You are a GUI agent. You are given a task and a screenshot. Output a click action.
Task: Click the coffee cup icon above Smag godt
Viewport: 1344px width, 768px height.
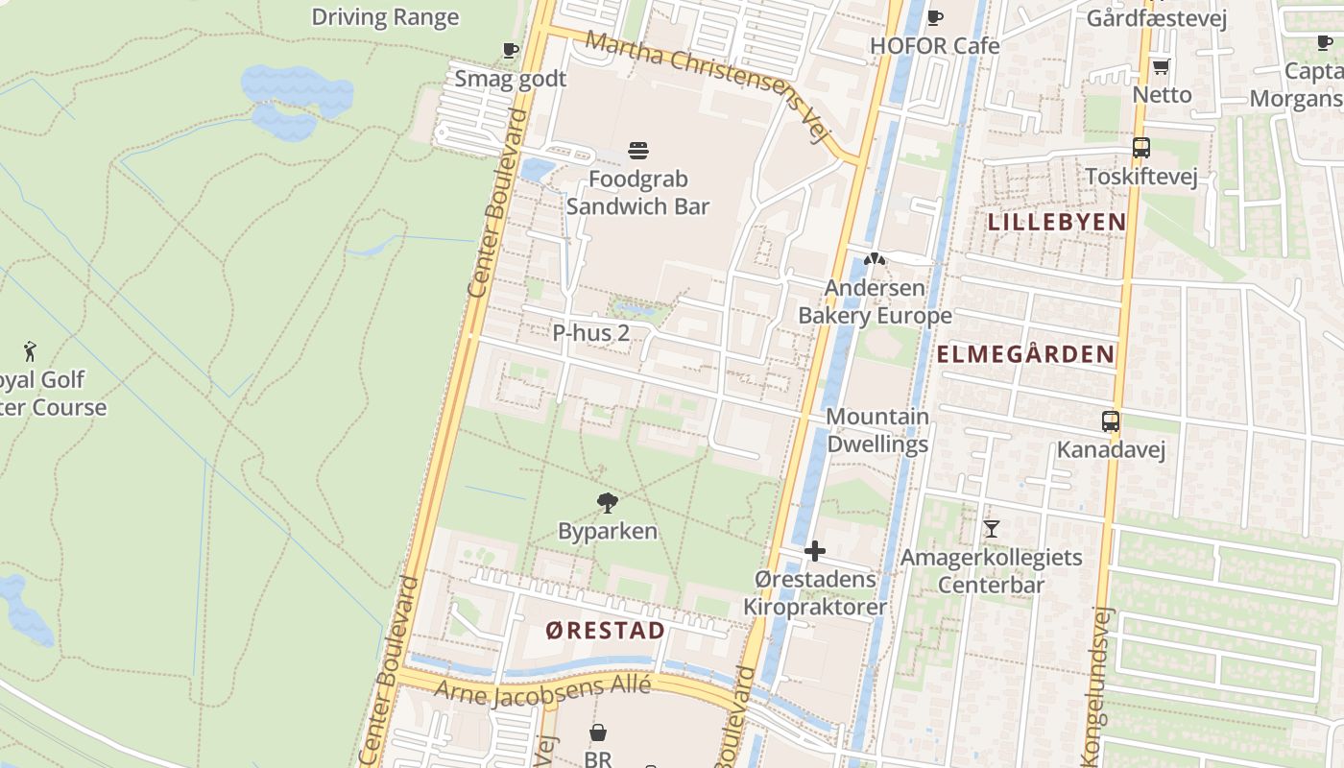511,50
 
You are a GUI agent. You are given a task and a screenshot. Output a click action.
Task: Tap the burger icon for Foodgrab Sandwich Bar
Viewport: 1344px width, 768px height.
638,150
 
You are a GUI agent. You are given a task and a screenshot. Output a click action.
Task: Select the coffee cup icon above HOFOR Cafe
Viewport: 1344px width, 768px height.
935,17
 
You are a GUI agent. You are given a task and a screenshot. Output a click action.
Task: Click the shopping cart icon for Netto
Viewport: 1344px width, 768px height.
1161,66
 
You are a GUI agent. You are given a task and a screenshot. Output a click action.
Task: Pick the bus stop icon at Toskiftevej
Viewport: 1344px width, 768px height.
1140,148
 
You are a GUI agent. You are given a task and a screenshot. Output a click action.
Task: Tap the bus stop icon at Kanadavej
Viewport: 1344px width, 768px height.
1110,420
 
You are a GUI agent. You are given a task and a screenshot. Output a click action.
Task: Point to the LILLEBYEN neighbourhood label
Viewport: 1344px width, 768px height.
1057,222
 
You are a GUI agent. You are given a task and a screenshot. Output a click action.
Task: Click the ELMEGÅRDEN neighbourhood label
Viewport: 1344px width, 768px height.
1025,354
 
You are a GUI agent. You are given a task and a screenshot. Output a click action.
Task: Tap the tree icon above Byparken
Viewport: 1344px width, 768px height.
607,501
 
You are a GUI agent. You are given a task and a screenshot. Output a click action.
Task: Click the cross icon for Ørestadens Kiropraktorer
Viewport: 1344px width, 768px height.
815,551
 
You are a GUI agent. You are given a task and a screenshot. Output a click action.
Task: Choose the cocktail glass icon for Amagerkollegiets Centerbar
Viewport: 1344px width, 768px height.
991,528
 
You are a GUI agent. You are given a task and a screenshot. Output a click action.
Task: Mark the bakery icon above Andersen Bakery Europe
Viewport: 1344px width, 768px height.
874,258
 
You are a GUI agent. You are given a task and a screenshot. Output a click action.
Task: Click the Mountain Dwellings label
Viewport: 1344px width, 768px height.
876,430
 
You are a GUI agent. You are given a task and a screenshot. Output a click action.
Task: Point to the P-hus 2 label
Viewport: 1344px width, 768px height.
590,333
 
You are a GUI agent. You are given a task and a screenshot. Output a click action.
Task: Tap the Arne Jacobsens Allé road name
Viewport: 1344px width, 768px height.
542,689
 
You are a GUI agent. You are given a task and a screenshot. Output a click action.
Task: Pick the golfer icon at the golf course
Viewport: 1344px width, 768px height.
30,350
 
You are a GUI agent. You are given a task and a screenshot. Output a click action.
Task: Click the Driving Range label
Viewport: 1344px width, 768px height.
385,16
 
